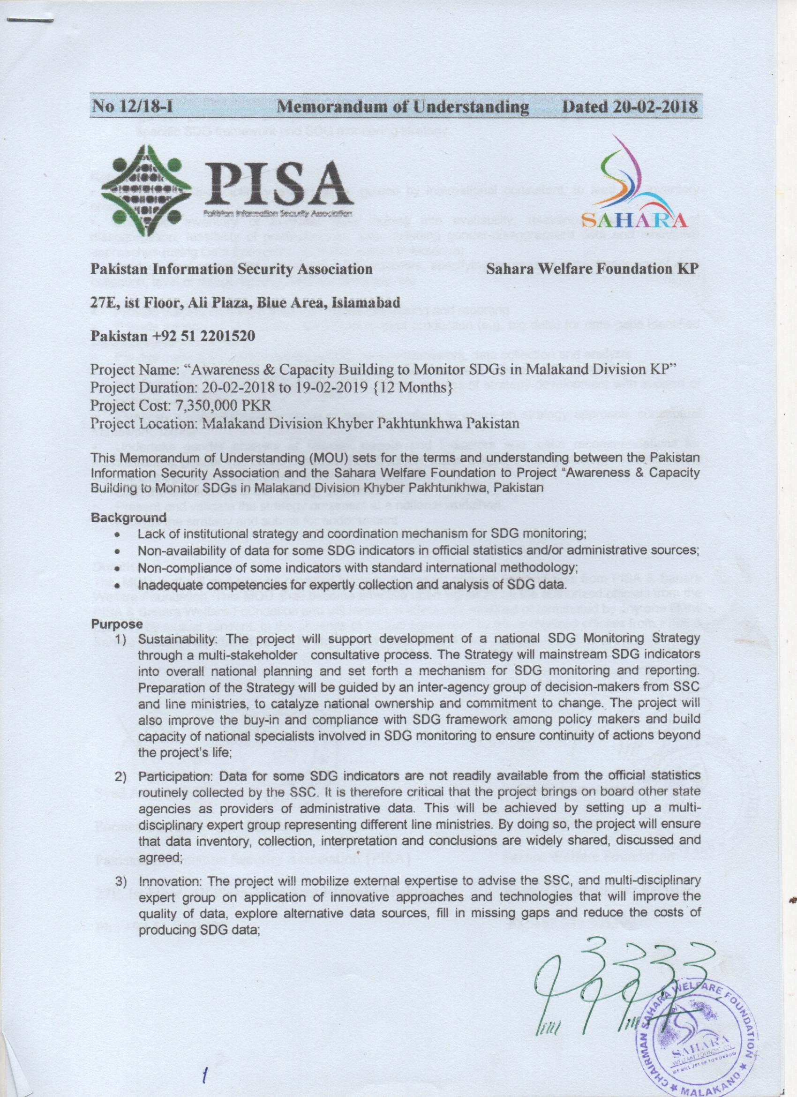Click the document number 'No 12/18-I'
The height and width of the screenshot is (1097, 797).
tap(132, 106)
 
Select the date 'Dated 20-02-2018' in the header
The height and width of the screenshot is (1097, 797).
tap(630, 106)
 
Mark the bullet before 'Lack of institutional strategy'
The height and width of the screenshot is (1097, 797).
tap(117, 535)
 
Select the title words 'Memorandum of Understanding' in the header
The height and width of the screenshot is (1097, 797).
tap(403, 106)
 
